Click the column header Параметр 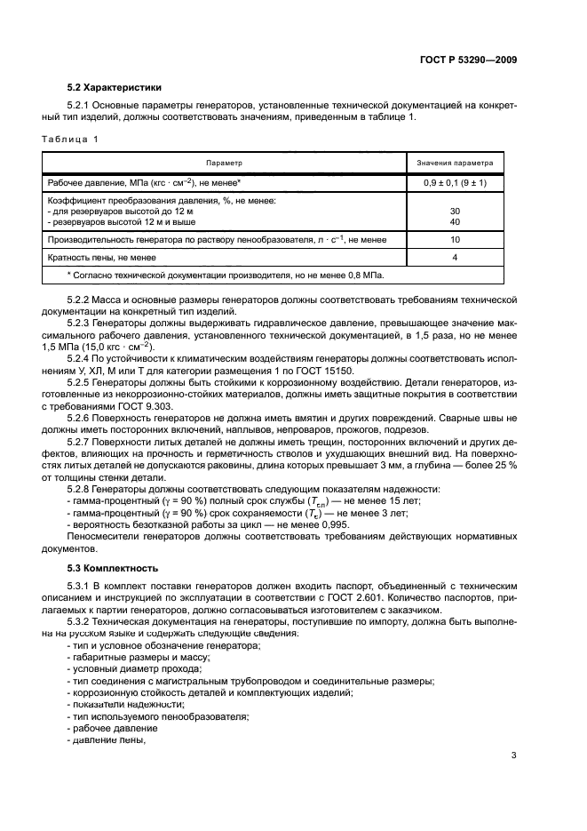coord(224,164)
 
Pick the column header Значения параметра coord(455,164)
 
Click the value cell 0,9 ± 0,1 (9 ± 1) coord(455,182)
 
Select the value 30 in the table coord(455,211)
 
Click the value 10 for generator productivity coord(455,240)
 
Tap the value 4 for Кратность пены coord(455,258)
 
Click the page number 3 coord(513,756)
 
